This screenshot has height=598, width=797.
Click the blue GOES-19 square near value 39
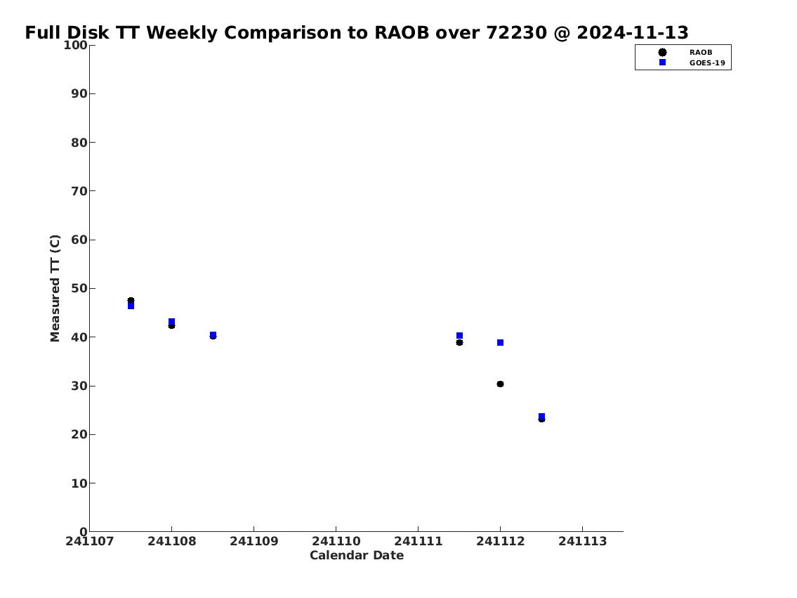point(500,343)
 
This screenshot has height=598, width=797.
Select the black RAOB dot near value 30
point(500,384)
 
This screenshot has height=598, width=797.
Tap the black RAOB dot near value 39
point(459,343)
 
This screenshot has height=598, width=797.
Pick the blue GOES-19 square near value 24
point(542,417)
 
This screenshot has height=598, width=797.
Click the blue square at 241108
point(172,321)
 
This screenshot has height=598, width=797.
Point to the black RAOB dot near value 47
point(131,301)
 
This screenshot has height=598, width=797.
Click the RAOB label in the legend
point(701,53)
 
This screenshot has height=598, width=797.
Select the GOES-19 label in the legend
point(707,63)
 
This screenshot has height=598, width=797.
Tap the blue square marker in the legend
point(662,62)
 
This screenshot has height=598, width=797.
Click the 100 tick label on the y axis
point(75,45)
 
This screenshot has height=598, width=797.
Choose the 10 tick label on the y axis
point(79,483)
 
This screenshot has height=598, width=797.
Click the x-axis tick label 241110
point(336,541)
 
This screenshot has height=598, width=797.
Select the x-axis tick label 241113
point(583,541)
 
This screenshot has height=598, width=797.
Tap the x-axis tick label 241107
point(89,541)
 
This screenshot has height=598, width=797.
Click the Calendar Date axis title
point(357,555)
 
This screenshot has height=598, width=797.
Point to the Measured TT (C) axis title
point(55,288)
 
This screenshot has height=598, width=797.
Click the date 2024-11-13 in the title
point(632,32)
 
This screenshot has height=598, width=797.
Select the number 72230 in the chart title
point(516,32)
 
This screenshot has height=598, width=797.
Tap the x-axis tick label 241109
point(254,541)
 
